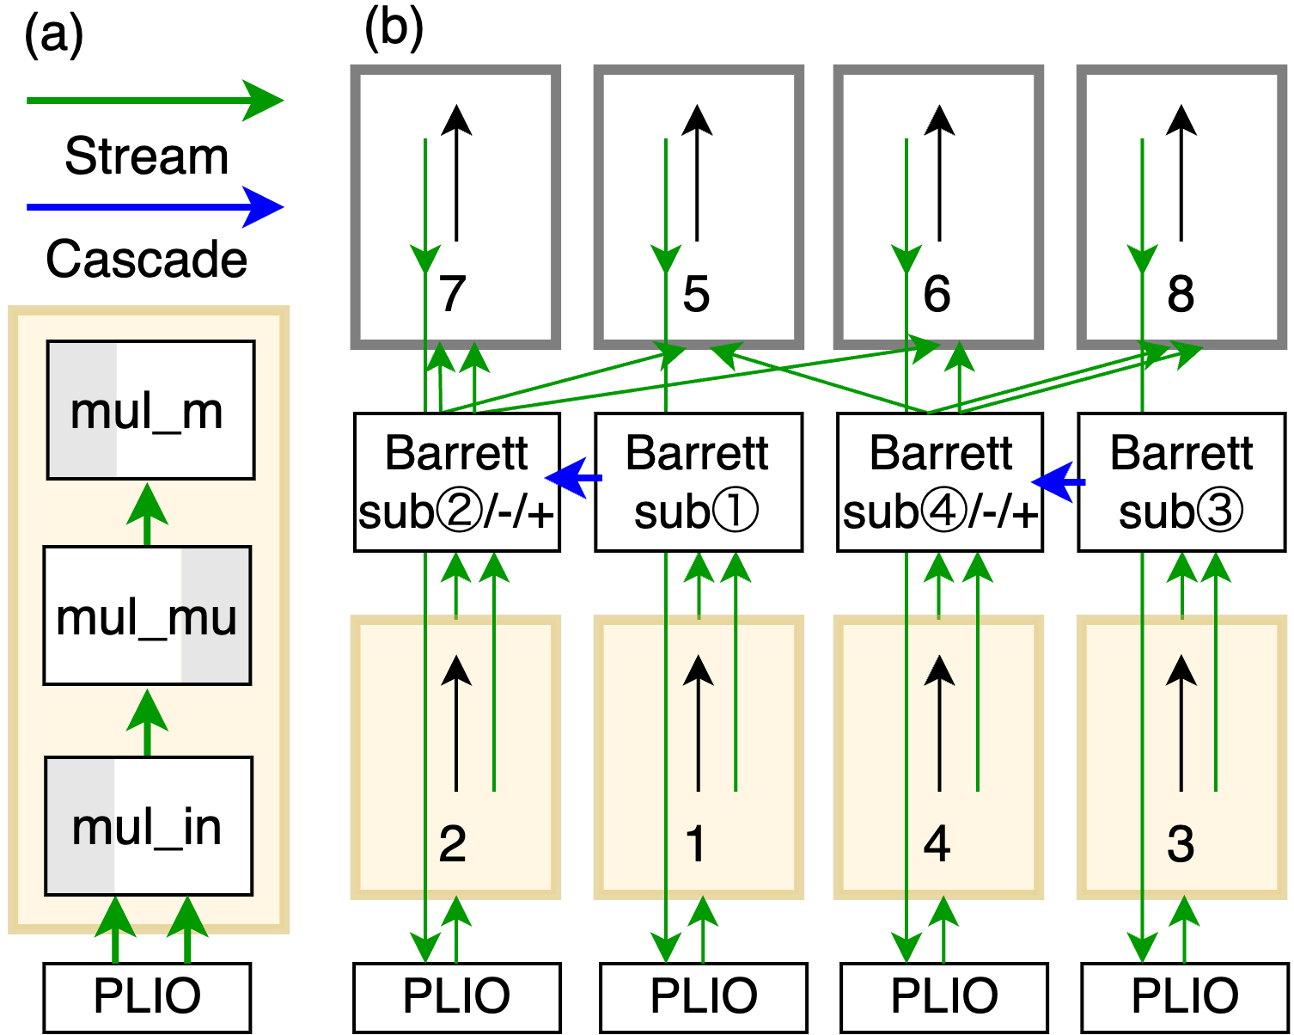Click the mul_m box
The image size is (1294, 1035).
(x=150, y=410)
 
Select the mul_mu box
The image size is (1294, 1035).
(x=147, y=615)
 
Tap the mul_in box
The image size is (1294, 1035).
(x=148, y=826)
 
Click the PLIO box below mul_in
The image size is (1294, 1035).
(x=147, y=996)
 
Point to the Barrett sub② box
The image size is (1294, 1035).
(x=456, y=482)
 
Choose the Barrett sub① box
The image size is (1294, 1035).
(x=698, y=482)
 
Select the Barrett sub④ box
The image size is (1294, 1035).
(x=939, y=482)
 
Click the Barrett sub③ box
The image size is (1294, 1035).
(x=1181, y=482)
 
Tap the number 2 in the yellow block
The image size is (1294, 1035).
(x=453, y=843)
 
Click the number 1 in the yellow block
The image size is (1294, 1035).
(x=696, y=843)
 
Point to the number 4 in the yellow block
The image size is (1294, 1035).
(x=937, y=843)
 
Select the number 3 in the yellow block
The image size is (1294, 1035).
(x=1181, y=843)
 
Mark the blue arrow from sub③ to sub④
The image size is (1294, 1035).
(x=1059, y=482)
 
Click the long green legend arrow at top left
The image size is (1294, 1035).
(x=155, y=101)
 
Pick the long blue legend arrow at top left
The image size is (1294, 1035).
(x=155, y=207)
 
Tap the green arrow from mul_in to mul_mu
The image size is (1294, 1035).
(x=147, y=722)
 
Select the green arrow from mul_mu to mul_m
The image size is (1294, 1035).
(x=147, y=514)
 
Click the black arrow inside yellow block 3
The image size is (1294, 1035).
(x=1181, y=722)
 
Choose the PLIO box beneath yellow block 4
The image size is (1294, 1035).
(x=943, y=996)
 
